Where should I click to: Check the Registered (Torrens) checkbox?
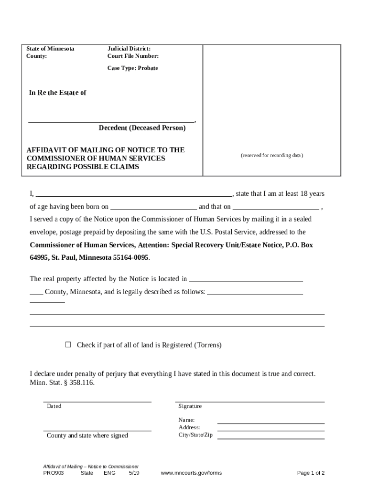click(x=68, y=344)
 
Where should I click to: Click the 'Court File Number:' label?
click(x=133, y=56)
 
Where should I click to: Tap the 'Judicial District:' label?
click(x=129, y=49)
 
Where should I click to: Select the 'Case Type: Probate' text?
click(x=132, y=68)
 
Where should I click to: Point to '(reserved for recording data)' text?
click(x=272, y=156)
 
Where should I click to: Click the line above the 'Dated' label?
click(x=97, y=402)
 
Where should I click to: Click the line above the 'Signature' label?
click(x=249, y=402)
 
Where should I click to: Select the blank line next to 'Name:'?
click(x=271, y=423)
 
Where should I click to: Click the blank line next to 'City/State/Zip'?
click(x=271, y=438)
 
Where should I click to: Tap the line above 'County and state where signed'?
click(x=97, y=431)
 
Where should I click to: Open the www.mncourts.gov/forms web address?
click(x=191, y=473)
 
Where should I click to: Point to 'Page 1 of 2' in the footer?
click(x=311, y=473)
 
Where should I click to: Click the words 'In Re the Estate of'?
click(x=58, y=93)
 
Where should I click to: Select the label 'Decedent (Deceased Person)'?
click(x=142, y=128)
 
